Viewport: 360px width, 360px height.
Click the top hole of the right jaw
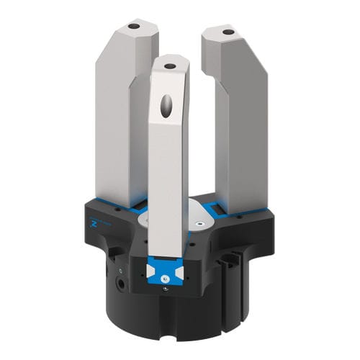pyautogui.click(x=228, y=32)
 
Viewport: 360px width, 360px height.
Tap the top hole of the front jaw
pyautogui.click(x=170, y=66)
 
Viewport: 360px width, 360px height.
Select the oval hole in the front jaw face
pyautogui.click(x=167, y=107)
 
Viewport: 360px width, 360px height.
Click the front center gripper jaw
pyautogui.click(x=167, y=166)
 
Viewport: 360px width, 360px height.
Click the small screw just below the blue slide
pyautogui.click(x=166, y=289)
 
